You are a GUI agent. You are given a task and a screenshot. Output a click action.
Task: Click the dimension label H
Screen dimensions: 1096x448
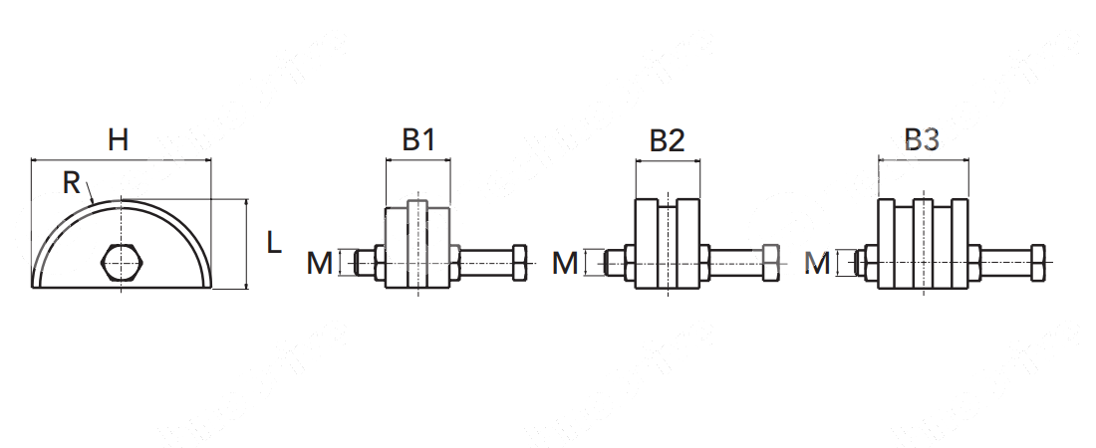pyautogui.click(x=119, y=140)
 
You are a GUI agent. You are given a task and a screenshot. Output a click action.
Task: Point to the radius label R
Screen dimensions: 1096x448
pyautogui.click(x=72, y=183)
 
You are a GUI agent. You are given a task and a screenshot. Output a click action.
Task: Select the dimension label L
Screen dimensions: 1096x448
pyautogui.click(x=274, y=243)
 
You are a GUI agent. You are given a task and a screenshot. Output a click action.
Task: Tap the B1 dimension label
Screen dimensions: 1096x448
pyautogui.click(x=418, y=140)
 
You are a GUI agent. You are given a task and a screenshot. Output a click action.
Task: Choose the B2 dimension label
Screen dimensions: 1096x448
pyautogui.click(x=667, y=140)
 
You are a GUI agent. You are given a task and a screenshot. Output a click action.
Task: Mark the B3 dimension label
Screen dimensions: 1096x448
pyautogui.click(x=922, y=140)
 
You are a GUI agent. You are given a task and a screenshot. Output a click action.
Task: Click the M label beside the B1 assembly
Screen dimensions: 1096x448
pyautogui.click(x=320, y=264)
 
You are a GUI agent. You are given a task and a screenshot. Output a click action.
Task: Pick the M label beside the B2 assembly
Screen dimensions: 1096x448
pyautogui.click(x=566, y=264)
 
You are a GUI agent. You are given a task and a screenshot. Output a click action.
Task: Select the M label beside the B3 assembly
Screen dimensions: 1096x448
pyautogui.click(x=817, y=264)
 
